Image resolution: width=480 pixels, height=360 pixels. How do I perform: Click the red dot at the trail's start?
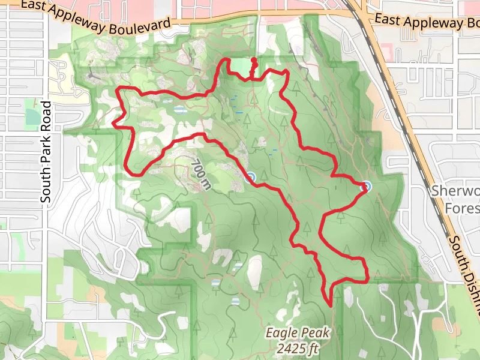click(254, 59)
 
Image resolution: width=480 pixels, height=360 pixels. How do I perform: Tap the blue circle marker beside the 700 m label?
click(250, 176)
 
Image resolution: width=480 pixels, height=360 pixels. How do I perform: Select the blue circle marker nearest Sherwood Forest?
click(364, 187)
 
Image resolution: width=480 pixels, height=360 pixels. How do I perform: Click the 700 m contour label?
click(202, 174)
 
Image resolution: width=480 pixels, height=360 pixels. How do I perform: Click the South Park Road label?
click(46, 151)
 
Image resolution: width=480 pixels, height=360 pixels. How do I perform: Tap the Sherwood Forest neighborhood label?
click(456, 199)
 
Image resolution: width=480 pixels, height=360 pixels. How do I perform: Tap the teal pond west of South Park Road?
click(31, 116)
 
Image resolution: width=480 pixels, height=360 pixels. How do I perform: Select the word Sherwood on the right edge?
click(456, 192)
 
